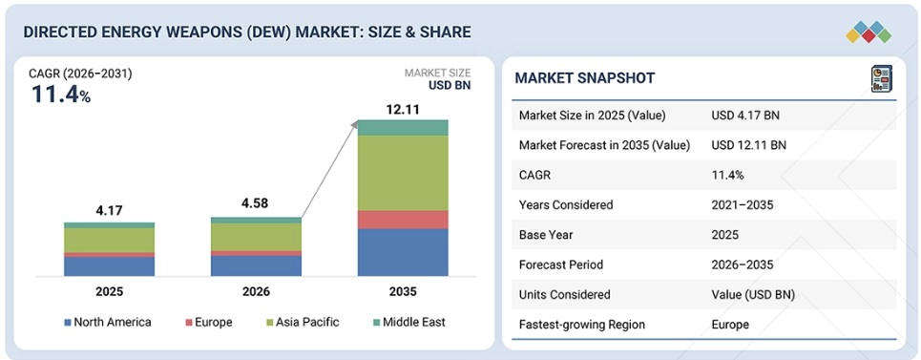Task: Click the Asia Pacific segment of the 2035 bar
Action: (x=403, y=173)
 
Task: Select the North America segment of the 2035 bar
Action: (x=403, y=252)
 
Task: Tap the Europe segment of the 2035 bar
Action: (x=403, y=220)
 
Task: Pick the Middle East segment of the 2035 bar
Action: (x=403, y=127)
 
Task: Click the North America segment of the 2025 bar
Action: (x=109, y=266)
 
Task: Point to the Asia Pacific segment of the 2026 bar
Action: (x=256, y=237)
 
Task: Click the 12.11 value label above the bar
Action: (x=403, y=109)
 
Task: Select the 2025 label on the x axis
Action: (x=109, y=291)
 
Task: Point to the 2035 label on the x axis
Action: (x=403, y=291)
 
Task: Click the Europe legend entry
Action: (x=209, y=322)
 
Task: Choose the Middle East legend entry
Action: (x=408, y=322)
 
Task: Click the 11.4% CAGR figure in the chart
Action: (x=61, y=95)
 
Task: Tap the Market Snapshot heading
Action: (x=584, y=78)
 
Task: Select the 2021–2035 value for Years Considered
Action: (x=742, y=205)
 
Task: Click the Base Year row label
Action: (x=546, y=235)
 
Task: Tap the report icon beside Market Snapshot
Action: (x=881, y=78)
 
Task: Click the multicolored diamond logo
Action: (x=869, y=32)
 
